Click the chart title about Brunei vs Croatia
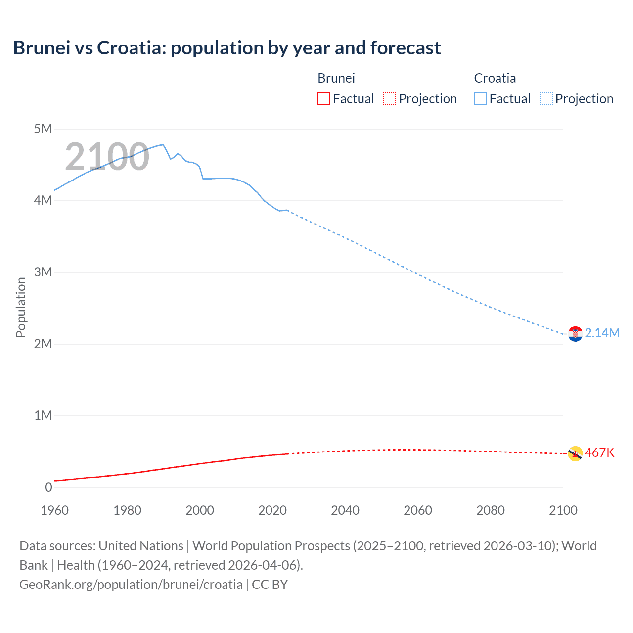click(x=227, y=48)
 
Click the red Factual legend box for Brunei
click(x=323, y=98)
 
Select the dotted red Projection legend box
click(x=390, y=98)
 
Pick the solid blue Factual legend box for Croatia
click(x=480, y=98)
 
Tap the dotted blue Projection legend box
click(x=546, y=98)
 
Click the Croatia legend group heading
click(x=495, y=78)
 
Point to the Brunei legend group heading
click(x=336, y=78)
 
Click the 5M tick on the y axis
click(x=43, y=129)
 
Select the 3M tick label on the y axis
click(x=43, y=272)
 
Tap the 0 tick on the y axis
click(x=48, y=487)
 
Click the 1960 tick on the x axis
click(x=54, y=510)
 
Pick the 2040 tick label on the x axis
click(x=345, y=510)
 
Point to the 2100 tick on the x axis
click(x=563, y=510)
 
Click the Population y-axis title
click(x=21, y=307)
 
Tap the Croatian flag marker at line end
click(x=575, y=334)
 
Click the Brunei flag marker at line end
click(x=575, y=453)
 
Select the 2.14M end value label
click(x=602, y=333)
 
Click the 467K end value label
click(x=599, y=453)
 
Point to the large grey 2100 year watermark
click(x=107, y=157)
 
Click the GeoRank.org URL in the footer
click(x=131, y=585)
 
